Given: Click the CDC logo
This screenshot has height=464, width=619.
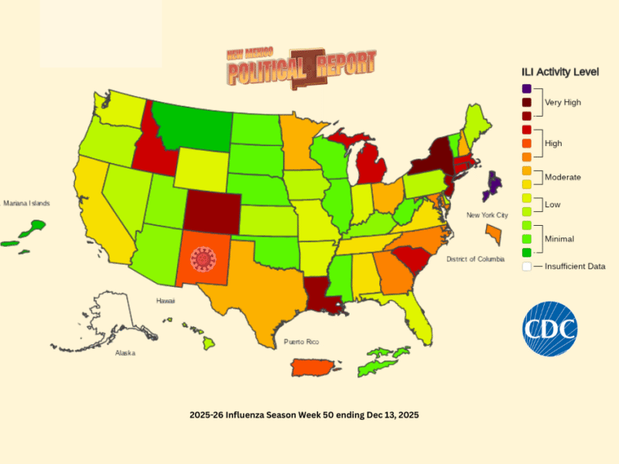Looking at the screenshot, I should click(x=549, y=328).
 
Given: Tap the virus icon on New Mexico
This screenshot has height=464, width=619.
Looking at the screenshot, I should click(x=203, y=260).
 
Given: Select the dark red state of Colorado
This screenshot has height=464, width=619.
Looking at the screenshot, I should click(x=212, y=208).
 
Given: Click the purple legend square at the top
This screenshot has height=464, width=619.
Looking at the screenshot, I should click(x=527, y=89).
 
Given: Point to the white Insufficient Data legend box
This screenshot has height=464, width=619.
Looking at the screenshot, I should click(x=527, y=266).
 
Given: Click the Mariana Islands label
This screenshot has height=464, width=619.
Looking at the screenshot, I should click(x=26, y=203).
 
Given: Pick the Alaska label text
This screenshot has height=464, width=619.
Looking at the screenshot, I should click(x=125, y=353).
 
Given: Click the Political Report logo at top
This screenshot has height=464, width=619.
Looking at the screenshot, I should click(x=302, y=68).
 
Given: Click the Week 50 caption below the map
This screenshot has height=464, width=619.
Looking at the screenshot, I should click(x=304, y=415).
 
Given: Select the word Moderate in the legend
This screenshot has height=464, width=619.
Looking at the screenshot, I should click(x=563, y=177).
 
